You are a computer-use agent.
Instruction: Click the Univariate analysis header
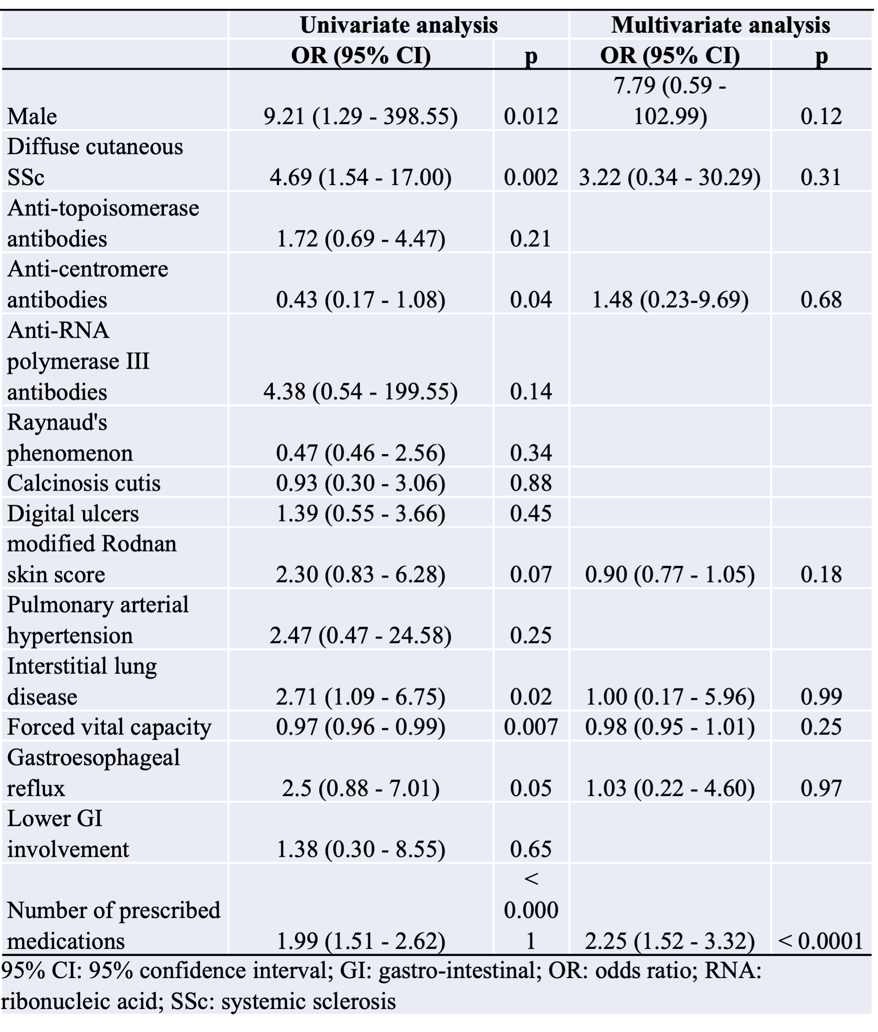tap(399, 25)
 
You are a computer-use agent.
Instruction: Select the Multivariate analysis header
tap(720, 25)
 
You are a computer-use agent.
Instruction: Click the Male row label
tap(32, 117)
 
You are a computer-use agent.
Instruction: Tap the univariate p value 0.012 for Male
tap(531, 117)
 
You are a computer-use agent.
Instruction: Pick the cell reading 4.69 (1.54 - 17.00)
tap(360, 178)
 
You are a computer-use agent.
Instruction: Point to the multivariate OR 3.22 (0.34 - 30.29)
tap(670, 178)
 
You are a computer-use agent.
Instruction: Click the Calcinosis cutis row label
tap(83, 483)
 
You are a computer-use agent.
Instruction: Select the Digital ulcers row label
tap(73, 513)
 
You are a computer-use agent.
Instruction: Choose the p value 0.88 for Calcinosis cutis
tap(531, 483)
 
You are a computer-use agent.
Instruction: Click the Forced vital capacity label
tap(109, 727)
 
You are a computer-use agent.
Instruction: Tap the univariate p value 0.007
tap(531, 727)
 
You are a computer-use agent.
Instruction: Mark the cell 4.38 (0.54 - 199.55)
tap(360, 392)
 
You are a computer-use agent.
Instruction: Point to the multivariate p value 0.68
tap(821, 300)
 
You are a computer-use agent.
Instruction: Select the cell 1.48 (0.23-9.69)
tap(670, 300)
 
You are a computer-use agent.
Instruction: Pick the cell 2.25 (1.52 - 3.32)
tap(670, 941)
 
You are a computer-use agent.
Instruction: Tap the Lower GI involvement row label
tap(68, 834)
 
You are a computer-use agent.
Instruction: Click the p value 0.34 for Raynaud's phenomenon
tap(531, 453)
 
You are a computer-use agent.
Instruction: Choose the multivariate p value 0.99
tap(821, 696)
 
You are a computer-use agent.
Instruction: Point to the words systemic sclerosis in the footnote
tap(309, 1001)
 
